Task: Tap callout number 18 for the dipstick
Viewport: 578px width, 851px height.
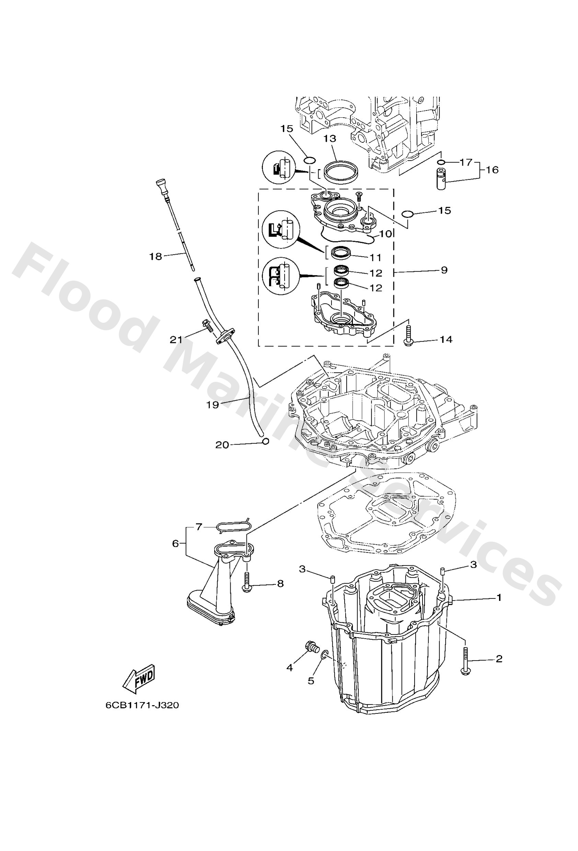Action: coord(155,257)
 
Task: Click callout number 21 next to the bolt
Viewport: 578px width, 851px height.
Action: coord(176,340)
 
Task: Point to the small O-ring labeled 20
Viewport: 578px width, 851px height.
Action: coord(266,441)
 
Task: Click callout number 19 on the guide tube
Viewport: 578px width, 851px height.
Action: coord(212,405)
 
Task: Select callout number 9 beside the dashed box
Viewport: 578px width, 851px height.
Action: coord(444,270)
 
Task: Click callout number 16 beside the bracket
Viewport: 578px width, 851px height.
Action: coord(493,170)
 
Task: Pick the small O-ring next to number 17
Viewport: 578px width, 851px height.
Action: coord(441,162)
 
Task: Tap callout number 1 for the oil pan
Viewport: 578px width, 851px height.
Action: coord(499,598)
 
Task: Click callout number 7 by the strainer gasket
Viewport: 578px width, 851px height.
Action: coord(199,527)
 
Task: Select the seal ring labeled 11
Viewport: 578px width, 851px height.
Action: coord(341,252)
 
